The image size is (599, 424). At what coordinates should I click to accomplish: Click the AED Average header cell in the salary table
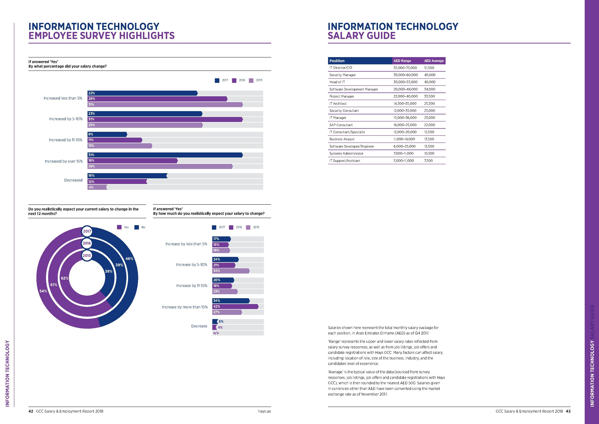coord(434,61)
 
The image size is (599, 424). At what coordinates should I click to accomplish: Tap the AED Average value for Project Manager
coord(429,96)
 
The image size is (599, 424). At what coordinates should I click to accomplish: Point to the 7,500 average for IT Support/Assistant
coord(428,161)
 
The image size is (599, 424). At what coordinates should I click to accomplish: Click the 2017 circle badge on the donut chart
coord(87,231)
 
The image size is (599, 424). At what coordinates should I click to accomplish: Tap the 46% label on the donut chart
coord(129,259)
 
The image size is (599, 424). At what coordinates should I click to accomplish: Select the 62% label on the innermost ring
coord(64,278)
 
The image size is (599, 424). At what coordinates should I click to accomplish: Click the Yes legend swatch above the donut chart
coord(119,227)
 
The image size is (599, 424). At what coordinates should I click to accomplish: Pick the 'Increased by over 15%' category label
coord(64,161)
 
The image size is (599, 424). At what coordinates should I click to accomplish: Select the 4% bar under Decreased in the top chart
coord(97,187)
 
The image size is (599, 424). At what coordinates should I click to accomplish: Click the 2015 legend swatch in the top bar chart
coord(251,80)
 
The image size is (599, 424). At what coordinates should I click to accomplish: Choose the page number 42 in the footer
coord(31,411)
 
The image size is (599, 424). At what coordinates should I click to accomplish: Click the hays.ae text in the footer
coord(264,411)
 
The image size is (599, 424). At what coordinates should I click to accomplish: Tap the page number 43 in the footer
coord(568,411)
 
